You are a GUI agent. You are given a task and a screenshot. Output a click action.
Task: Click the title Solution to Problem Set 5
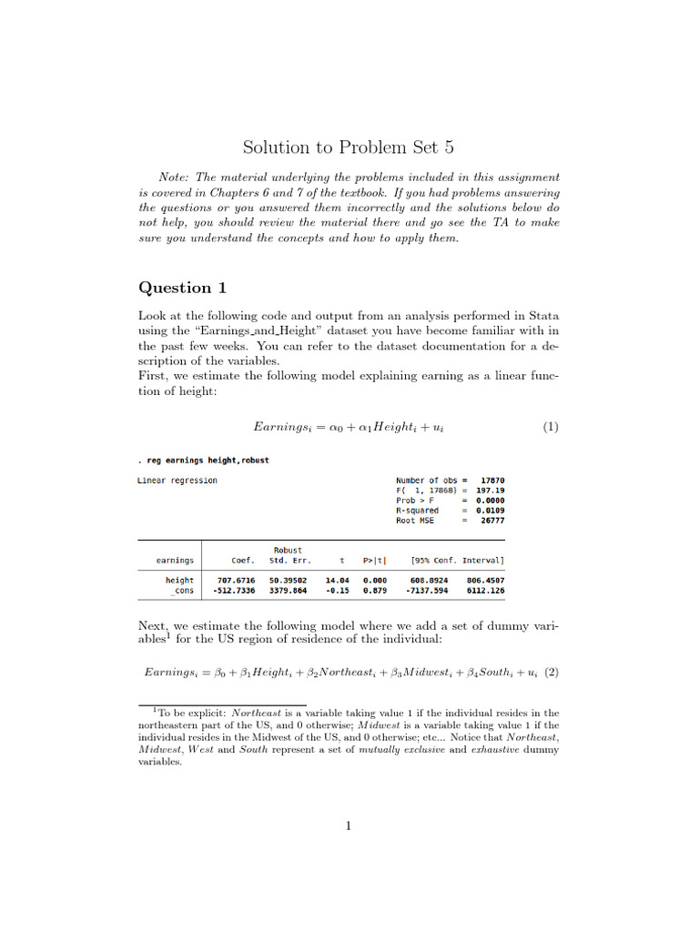point(348,147)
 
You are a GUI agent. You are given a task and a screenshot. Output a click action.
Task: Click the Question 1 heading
point(182,288)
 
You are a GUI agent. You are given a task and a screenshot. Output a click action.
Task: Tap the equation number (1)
point(550,427)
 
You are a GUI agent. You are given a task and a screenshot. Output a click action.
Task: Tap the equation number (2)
point(550,673)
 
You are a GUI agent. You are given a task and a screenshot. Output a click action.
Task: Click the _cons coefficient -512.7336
point(233,591)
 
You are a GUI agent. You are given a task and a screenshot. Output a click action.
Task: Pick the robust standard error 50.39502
point(288,580)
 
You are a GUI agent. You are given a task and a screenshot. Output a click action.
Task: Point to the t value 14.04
point(338,580)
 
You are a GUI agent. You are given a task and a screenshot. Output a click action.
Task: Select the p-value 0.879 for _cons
point(375,591)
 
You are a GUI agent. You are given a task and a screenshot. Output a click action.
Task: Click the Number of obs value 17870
point(491,481)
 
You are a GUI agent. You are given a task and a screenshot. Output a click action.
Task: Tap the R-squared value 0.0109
point(491,511)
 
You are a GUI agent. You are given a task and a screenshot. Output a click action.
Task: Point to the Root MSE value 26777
point(492,521)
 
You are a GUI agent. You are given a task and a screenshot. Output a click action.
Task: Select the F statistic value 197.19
point(490,491)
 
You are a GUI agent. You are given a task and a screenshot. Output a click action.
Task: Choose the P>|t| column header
point(375,561)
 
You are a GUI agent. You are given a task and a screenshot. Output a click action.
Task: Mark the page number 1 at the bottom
point(349,826)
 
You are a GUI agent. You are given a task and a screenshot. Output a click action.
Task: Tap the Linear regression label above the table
point(177,481)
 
